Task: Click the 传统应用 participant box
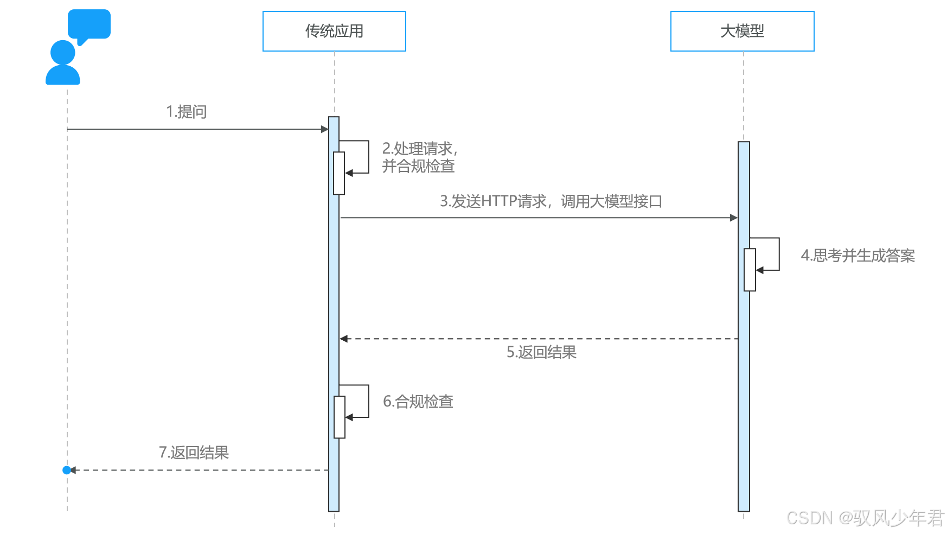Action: click(x=334, y=31)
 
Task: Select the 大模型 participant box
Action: click(x=742, y=31)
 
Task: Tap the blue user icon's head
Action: click(x=62, y=53)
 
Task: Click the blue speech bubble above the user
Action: click(x=89, y=24)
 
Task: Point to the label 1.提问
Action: click(x=186, y=112)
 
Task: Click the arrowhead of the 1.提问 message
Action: click(x=325, y=129)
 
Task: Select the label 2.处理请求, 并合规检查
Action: click(x=419, y=157)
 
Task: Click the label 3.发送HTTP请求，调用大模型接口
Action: click(x=551, y=201)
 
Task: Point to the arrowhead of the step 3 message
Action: click(x=734, y=218)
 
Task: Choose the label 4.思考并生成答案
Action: click(x=858, y=256)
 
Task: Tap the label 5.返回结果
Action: click(x=541, y=352)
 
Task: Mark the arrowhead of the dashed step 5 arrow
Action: click(x=344, y=339)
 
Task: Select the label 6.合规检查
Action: click(x=418, y=402)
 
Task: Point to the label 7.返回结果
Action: click(x=194, y=453)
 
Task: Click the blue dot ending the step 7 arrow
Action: click(x=67, y=470)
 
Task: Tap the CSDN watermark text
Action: click(x=865, y=518)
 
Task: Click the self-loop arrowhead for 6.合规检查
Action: click(x=349, y=417)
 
